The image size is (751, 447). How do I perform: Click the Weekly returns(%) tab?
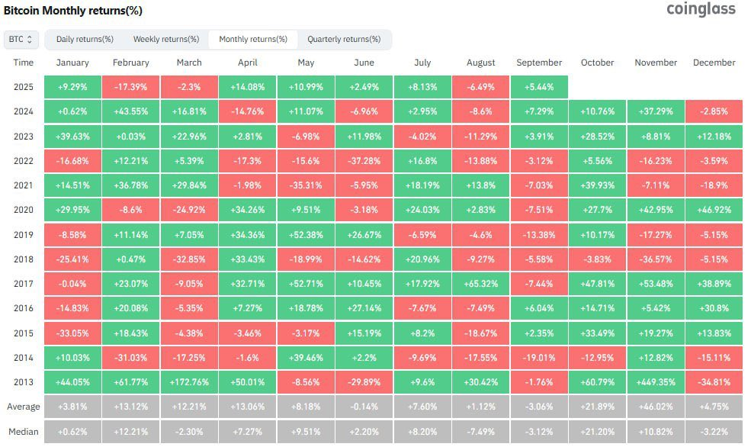coord(166,39)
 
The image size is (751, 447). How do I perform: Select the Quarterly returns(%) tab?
coord(344,39)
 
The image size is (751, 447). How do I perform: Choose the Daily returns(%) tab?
coord(85,39)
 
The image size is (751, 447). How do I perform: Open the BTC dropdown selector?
coord(21,39)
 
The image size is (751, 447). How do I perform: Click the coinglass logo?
coord(701,10)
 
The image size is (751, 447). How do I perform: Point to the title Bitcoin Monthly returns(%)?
coord(73,11)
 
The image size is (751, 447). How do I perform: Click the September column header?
coord(538,63)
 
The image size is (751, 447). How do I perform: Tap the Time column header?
coord(23,63)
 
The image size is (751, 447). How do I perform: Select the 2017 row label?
coord(23,284)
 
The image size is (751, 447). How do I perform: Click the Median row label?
coord(23,432)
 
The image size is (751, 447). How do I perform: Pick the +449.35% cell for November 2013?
coord(656,382)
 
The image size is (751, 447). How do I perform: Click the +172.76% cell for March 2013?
coord(189,382)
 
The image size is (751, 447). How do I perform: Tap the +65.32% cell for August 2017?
coord(480,284)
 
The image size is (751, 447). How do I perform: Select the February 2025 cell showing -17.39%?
coord(130,87)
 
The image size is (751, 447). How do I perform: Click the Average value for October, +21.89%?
coord(597,407)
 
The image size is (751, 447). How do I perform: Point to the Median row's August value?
coord(480,432)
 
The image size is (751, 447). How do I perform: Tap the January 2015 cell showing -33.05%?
coord(72,333)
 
